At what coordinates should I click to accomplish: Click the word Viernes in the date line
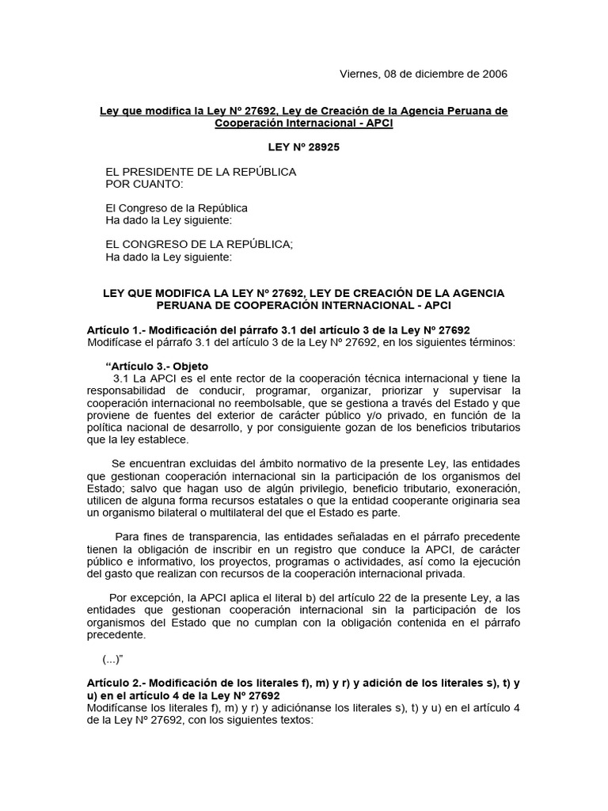pyautogui.click(x=359, y=74)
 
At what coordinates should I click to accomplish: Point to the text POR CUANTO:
pyautogui.click(x=144, y=185)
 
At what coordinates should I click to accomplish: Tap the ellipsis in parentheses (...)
pyautogui.click(x=116, y=659)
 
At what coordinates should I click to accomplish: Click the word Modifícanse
pyautogui.click(x=117, y=708)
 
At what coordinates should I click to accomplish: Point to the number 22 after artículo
pyautogui.click(x=353, y=597)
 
